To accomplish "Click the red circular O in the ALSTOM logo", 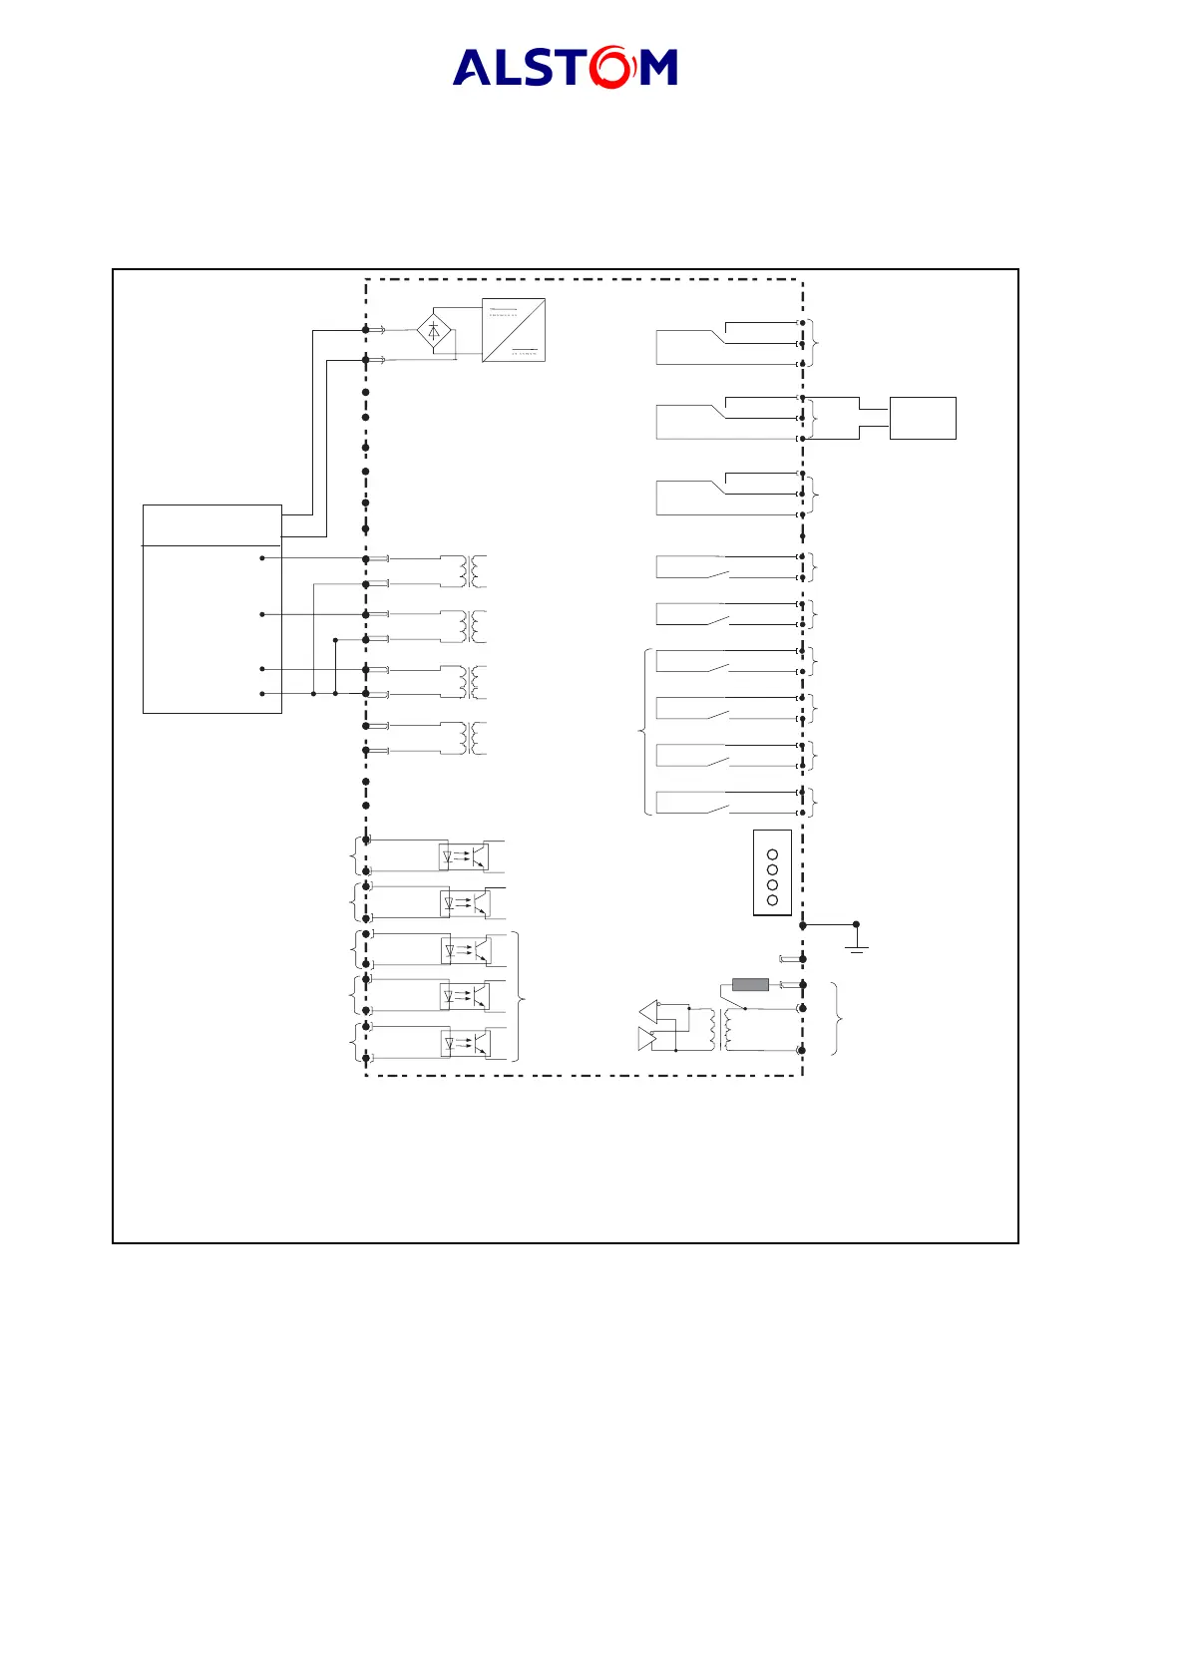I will click(x=610, y=67).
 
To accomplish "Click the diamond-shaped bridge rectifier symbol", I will click(x=434, y=331).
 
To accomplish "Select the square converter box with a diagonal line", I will click(x=514, y=330).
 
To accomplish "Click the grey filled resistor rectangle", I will click(x=750, y=985).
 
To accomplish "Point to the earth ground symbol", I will click(x=856, y=941).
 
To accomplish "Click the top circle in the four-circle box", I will click(x=772, y=855).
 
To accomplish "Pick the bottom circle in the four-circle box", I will click(x=772, y=900).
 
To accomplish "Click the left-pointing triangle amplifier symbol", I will click(x=649, y=1011).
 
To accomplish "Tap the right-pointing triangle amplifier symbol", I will click(x=646, y=1040).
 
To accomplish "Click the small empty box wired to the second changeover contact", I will click(x=923, y=418).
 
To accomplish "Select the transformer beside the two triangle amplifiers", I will click(x=720, y=1029).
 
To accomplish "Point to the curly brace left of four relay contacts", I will click(x=643, y=733).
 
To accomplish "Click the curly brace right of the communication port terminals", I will click(x=837, y=1019).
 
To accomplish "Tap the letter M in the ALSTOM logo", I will click(x=658, y=68).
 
